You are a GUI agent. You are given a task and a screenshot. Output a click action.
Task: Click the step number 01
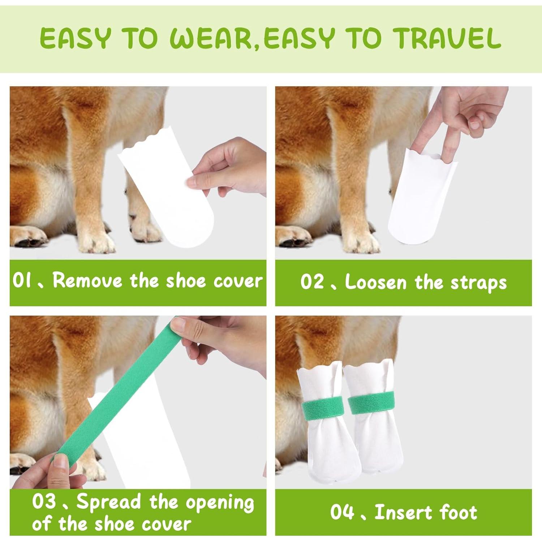coord(22,281)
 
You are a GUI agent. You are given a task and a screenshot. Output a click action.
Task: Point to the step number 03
coord(44,502)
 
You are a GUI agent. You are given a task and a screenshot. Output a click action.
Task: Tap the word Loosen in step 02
coord(376,282)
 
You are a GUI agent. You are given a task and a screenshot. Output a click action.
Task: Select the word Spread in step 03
coord(108,502)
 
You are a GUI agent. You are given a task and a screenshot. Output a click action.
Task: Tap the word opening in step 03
coord(220,503)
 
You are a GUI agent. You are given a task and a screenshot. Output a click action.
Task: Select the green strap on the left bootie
coord(321,408)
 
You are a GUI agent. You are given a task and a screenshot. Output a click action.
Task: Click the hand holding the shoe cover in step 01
coord(231,166)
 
